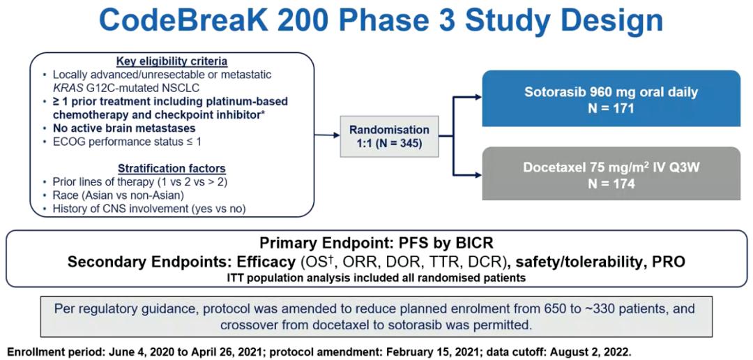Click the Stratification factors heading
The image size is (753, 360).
point(172,168)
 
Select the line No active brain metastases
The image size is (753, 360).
point(124,128)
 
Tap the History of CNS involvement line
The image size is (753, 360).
point(149,209)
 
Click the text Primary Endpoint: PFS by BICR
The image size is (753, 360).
point(376,243)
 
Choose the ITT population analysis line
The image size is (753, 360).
point(376,277)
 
